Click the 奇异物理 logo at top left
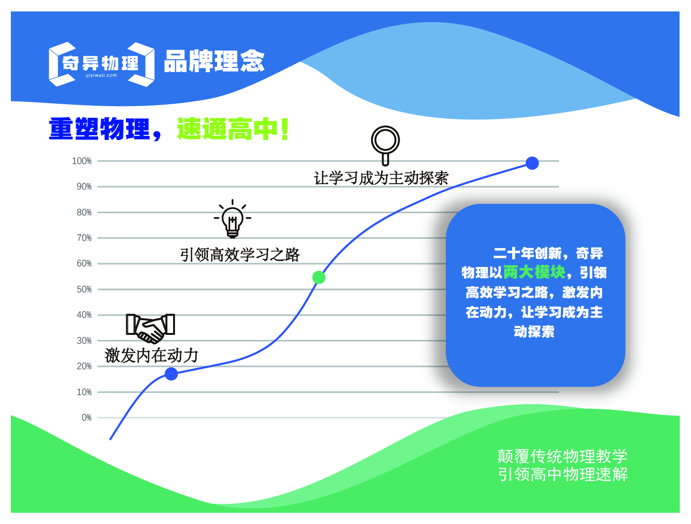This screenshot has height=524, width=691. tap(101, 64)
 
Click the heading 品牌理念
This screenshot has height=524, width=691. tap(214, 61)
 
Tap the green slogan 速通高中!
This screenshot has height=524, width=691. tap(233, 129)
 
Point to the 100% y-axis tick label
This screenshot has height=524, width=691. tap(82, 161)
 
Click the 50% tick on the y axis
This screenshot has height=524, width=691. tap(84, 289)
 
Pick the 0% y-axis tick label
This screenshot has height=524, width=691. tap(86, 417)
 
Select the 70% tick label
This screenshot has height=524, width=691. tap(84, 238)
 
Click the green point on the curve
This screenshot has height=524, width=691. tap(319, 277)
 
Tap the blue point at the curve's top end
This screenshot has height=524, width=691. tap(532, 163)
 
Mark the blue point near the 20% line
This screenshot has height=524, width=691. tap(171, 374)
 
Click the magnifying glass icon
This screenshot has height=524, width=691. tap(385, 144)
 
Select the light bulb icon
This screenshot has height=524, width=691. tap(233, 219)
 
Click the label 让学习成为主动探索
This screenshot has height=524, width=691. tap(381, 178)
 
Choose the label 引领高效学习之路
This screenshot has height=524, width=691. tap(240, 255)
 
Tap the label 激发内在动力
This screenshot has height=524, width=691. tap(151, 356)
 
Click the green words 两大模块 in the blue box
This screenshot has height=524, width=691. tap(534, 272)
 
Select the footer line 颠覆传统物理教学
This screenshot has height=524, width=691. tap(562, 456)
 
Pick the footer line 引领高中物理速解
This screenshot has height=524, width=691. tap(563, 474)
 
